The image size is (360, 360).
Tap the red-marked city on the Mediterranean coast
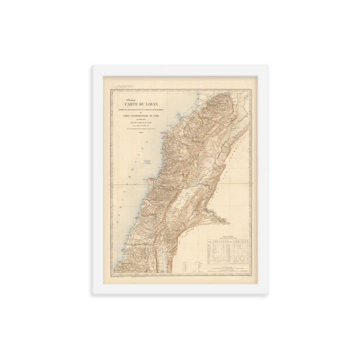(151, 178)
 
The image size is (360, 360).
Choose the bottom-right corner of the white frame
(268, 294)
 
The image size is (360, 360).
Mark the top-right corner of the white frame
(268, 65)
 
